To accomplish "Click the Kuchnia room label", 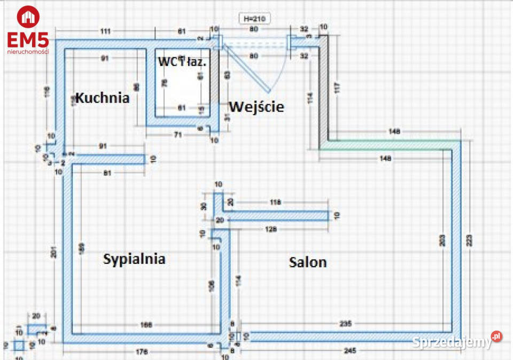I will tap(102, 98).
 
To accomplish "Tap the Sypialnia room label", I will tap(134, 259).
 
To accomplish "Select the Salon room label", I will tap(308, 262).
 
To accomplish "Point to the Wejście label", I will tap(256, 107).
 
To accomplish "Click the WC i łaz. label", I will tap(182, 61).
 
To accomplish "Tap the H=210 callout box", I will tap(254, 19).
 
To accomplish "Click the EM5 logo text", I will tap(28, 40).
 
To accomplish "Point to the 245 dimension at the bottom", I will tap(350, 351).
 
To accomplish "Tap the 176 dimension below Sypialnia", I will tap(142, 351).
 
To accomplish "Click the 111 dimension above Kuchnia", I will tap(105, 32).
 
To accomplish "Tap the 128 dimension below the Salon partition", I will tap(272, 230).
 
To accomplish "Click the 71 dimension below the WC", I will tap(178, 135).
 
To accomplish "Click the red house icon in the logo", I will tap(28, 17).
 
